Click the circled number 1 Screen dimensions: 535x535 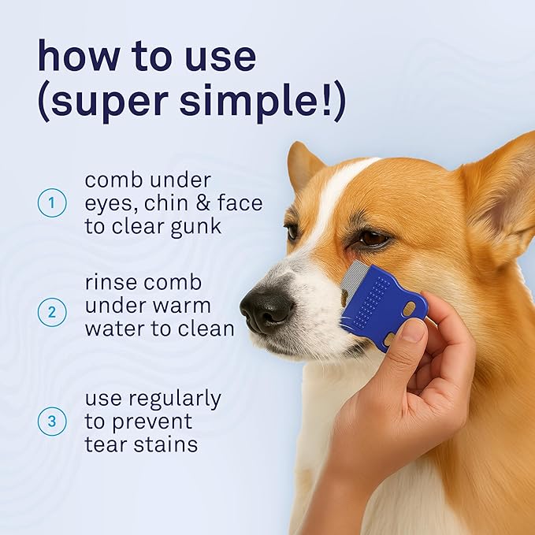(x=52, y=203)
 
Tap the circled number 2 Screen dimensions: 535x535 (x=52, y=312)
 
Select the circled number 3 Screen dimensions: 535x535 (x=52, y=422)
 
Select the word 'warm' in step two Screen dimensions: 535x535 (x=194, y=304)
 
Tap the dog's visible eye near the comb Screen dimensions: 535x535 (x=372, y=237)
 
